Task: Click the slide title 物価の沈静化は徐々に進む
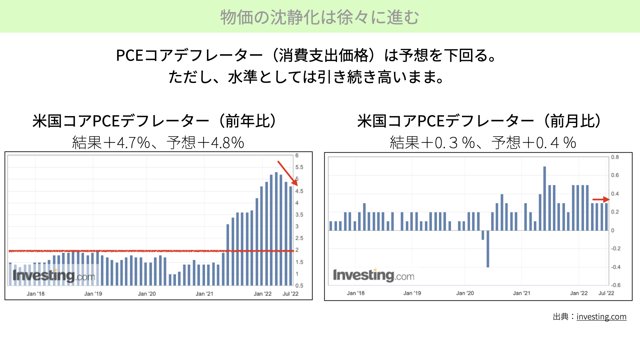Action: click(x=320, y=17)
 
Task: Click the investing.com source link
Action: click(x=601, y=317)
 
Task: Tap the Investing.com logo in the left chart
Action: click(x=54, y=276)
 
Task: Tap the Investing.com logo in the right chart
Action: click(x=374, y=276)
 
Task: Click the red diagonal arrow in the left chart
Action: click(x=288, y=173)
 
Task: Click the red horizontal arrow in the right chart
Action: click(x=601, y=200)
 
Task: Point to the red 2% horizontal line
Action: click(x=151, y=251)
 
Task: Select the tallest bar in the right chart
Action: click(x=545, y=198)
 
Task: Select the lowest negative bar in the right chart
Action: click(x=488, y=249)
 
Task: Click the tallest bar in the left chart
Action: click(x=276, y=229)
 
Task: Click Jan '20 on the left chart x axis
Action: click(x=147, y=294)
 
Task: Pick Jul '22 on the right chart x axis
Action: click(x=606, y=293)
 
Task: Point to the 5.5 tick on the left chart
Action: click(x=299, y=167)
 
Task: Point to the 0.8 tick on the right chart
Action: click(x=615, y=157)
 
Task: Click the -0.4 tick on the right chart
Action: click(x=616, y=267)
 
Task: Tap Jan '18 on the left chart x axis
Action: click(x=36, y=294)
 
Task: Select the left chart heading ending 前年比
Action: click(x=154, y=121)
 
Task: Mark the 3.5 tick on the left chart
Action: click(x=299, y=215)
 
